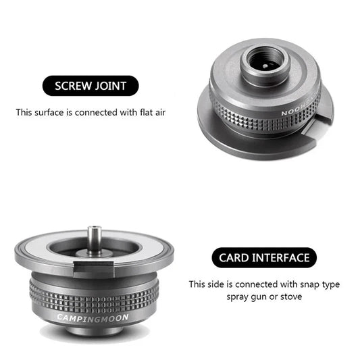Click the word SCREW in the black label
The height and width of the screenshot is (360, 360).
point(73,86)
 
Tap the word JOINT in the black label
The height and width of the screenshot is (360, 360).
point(111,86)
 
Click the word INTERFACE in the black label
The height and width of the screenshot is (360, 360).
point(281,258)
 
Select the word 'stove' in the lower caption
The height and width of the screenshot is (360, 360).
point(291,297)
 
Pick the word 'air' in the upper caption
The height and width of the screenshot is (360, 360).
point(160,113)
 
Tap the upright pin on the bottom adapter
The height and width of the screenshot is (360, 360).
point(94,239)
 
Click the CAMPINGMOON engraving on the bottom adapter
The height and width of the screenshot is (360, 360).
point(93,318)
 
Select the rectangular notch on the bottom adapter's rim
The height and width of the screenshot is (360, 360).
point(94,269)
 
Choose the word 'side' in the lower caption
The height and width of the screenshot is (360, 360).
point(216,284)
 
